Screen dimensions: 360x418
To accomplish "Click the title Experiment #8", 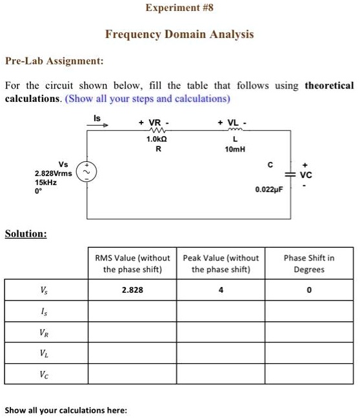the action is pyautogui.click(x=179, y=8).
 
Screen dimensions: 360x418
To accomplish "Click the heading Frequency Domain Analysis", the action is pyautogui.click(x=179, y=34).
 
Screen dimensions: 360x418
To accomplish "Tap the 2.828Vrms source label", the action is pyautogui.click(x=54, y=174).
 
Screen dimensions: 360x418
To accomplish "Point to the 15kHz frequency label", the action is pyautogui.click(x=46, y=183).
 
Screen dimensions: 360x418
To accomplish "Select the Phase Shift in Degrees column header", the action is pyautogui.click(x=308, y=263).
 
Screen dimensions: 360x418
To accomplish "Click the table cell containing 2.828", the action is pyautogui.click(x=132, y=290).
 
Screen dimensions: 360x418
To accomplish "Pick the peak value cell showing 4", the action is pyautogui.click(x=221, y=290).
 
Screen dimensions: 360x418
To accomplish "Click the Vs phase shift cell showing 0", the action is pyautogui.click(x=308, y=290).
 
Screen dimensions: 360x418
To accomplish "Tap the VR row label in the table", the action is pyautogui.click(x=44, y=333).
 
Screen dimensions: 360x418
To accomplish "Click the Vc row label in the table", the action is pyautogui.click(x=44, y=375).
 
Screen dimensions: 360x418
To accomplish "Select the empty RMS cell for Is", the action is pyautogui.click(x=132, y=312).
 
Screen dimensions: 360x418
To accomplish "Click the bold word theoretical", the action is pyautogui.click(x=329, y=86).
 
